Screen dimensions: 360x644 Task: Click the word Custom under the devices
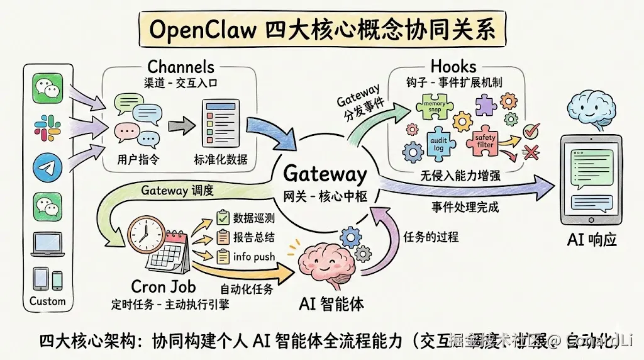click(x=47, y=301)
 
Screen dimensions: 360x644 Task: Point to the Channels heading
click(x=180, y=66)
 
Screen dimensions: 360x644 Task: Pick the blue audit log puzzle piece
click(x=441, y=142)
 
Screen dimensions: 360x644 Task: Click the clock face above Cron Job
click(x=145, y=234)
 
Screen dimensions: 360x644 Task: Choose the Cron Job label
click(x=163, y=286)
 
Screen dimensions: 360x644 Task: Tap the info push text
click(x=253, y=257)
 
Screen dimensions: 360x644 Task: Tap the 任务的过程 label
click(x=431, y=237)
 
